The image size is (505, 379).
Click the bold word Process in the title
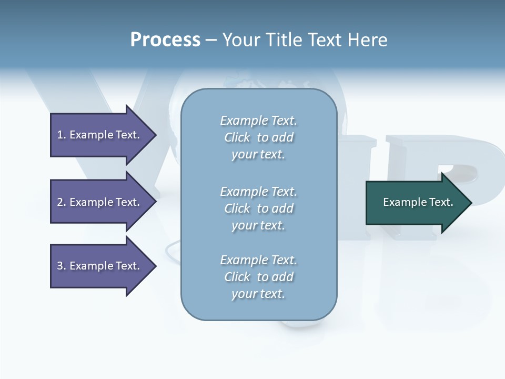tap(165, 40)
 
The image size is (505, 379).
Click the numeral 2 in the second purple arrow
tap(60, 202)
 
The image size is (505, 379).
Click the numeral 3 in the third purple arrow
tap(60, 266)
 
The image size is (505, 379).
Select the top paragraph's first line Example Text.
tap(258, 121)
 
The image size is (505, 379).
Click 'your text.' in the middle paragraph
tap(258, 225)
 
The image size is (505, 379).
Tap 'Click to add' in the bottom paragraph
tap(258, 277)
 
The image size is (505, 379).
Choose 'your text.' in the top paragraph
tap(258, 155)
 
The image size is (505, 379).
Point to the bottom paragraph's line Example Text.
tap(258, 260)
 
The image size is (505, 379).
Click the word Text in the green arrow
tap(441, 202)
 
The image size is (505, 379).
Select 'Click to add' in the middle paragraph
tap(258, 208)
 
